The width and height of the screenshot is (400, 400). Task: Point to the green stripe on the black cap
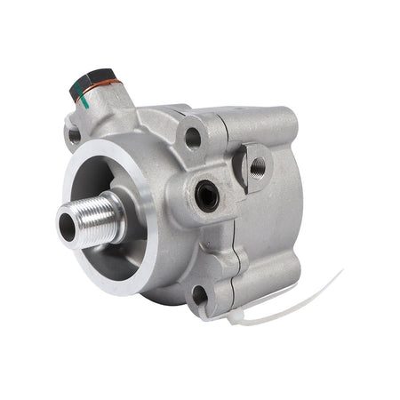pos(74,88)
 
